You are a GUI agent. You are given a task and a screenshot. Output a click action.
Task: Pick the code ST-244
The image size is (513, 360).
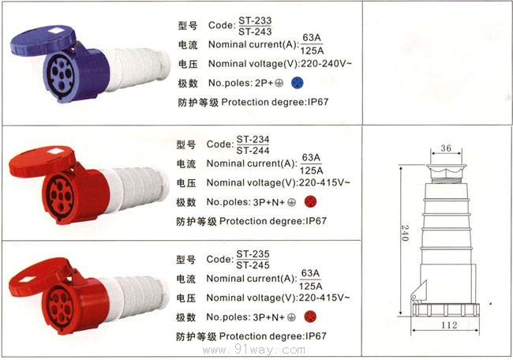point(253,151)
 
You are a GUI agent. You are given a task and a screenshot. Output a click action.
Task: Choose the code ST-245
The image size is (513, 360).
point(253,266)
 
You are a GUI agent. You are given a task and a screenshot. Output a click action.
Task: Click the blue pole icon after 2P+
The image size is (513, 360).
point(297,82)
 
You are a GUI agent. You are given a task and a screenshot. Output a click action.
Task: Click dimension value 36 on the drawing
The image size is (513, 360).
point(445,147)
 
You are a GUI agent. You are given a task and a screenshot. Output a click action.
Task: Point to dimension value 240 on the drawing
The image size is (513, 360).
point(403,234)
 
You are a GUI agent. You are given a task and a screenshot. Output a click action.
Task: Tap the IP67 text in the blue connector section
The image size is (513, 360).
point(335,103)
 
